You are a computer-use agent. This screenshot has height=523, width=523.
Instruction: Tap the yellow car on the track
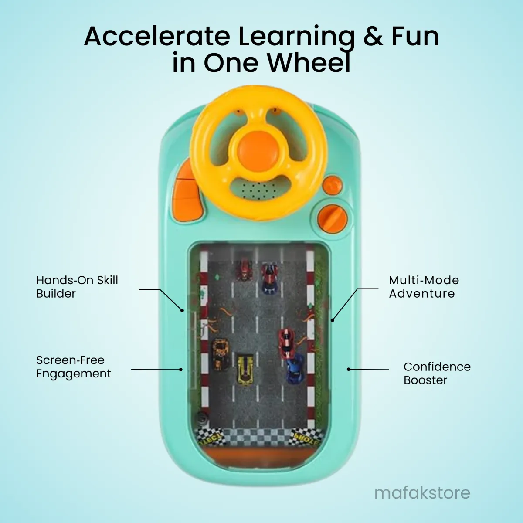[245, 370]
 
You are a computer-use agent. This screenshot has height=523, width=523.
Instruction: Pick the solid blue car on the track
[296, 369]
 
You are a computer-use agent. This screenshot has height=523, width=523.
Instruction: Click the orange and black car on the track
[221, 354]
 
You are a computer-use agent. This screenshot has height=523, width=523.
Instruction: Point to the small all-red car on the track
[244, 270]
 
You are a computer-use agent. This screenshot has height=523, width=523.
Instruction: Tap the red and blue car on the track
[269, 278]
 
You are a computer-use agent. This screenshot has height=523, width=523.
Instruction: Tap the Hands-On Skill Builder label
[77, 287]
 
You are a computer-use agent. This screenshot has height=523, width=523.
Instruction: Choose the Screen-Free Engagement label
[73, 367]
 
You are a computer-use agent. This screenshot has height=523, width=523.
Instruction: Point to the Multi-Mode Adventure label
[424, 287]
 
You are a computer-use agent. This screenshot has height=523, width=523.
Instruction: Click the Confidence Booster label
[437, 374]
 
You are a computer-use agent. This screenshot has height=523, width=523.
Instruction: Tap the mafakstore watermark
[422, 493]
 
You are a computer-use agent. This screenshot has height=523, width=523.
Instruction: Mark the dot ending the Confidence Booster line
[349, 369]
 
